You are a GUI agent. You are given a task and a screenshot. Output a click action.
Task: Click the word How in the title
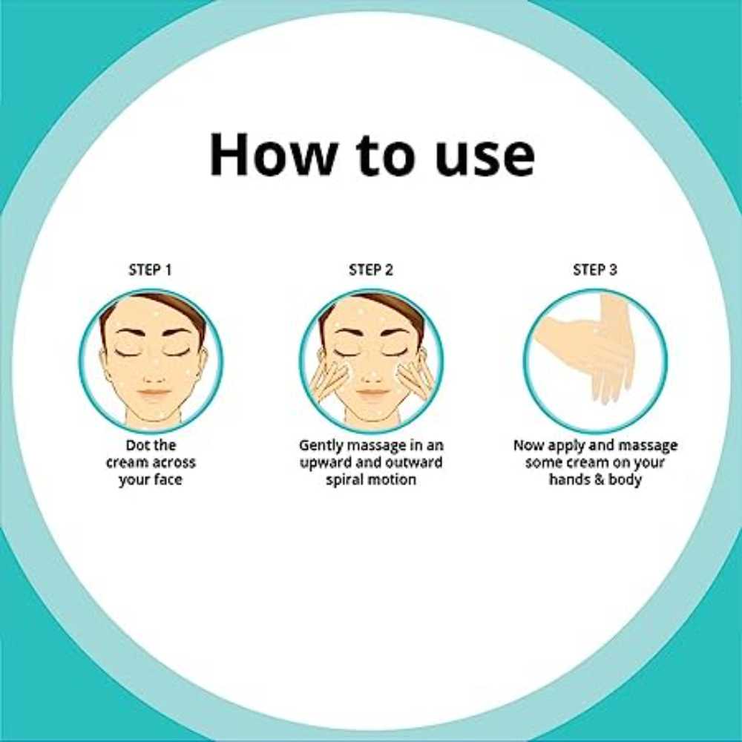[272, 154]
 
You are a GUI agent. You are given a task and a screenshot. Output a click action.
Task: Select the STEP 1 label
[151, 270]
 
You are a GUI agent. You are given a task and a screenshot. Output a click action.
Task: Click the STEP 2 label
[371, 270]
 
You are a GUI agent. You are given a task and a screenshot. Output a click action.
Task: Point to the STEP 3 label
[595, 270]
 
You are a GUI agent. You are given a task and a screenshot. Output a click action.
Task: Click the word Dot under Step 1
[137, 445]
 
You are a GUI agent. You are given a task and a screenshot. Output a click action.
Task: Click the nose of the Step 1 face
[154, 375]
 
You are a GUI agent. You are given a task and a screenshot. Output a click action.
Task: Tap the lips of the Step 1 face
[153, 393]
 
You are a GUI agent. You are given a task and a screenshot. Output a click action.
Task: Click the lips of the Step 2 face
[372, 393]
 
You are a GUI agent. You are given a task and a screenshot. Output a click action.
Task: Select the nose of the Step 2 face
[372, 375]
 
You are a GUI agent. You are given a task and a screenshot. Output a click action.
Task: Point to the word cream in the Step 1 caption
[123, 463]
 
